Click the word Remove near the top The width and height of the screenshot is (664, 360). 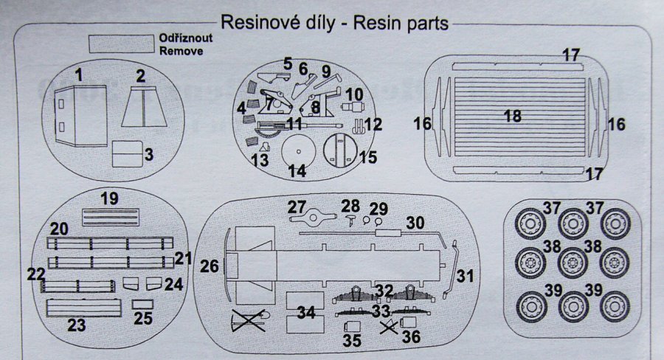pyautogui.click(x=180, y=52)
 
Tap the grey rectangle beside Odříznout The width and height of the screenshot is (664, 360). pyautogui.click(x=120, y=44)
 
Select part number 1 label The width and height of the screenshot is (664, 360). pyautogui.click(x=79, y=74)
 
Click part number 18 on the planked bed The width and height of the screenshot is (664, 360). pyautogui.click(x=512, y=115)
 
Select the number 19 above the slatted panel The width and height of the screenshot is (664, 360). pyautogui.click(x=110, y=198)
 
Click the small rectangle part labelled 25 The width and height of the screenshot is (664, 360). pyautogui.click(x=142, y=305)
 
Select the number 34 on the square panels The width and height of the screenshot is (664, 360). pyautogui.click(x=305, y=311)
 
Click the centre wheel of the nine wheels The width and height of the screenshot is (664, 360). pyautogui.click(x=571, y=262)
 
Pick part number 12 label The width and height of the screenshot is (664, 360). pyautogui.click(x=373, y=124)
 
